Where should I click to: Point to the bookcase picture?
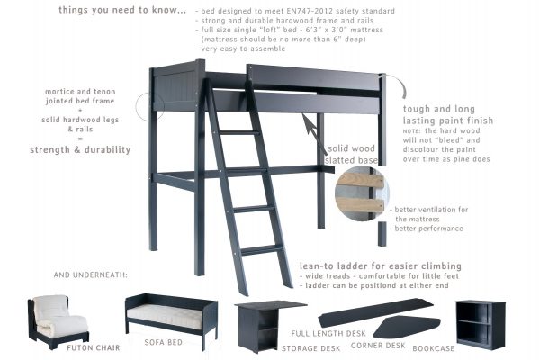480,322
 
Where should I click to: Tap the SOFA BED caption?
166,343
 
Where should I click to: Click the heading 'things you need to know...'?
122,10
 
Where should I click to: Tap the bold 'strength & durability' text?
80,148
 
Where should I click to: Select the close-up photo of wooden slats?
360,193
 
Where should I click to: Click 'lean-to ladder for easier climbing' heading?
382,266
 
